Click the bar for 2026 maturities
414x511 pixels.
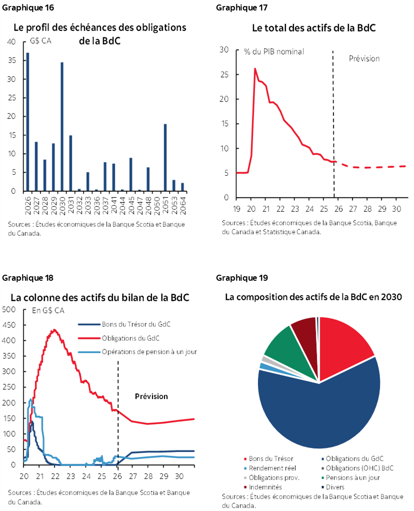point(27,122)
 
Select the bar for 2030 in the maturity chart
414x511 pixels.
point(62,127)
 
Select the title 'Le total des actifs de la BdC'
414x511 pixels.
point(313,28)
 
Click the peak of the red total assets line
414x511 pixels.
point(255,69)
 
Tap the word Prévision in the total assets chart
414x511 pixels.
point(363,58)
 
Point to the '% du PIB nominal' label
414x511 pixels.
point(273,51)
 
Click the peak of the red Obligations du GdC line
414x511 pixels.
point(54,330)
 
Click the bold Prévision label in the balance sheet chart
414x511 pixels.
point(151,396)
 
